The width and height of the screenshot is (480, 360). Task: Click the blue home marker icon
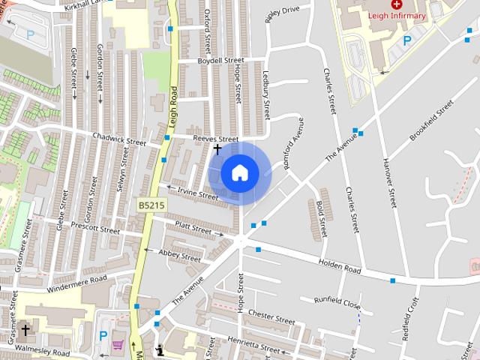point(240,173)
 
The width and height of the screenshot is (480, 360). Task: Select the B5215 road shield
point(151,204)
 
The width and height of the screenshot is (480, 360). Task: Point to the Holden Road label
point(340,265)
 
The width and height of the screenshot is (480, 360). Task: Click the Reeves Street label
point(215,139)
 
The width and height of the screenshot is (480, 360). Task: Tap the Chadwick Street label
point(118,138)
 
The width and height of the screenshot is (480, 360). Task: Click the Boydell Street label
point(220,60)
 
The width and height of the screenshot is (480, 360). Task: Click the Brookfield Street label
point(432,119)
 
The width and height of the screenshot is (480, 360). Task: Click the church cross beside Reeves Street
point(217,149)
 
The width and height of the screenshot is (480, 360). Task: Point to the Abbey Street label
point(180,256)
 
